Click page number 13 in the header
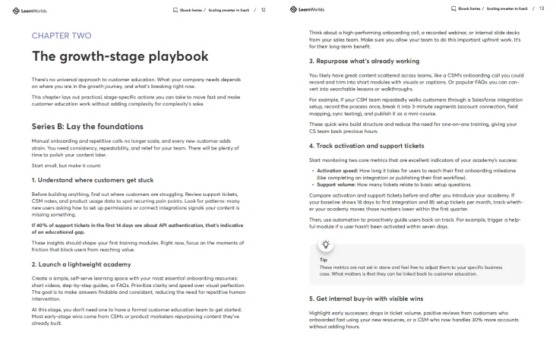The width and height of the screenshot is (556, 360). (x=542, y=8)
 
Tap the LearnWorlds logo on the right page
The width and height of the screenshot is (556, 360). (x=307, y=9)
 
